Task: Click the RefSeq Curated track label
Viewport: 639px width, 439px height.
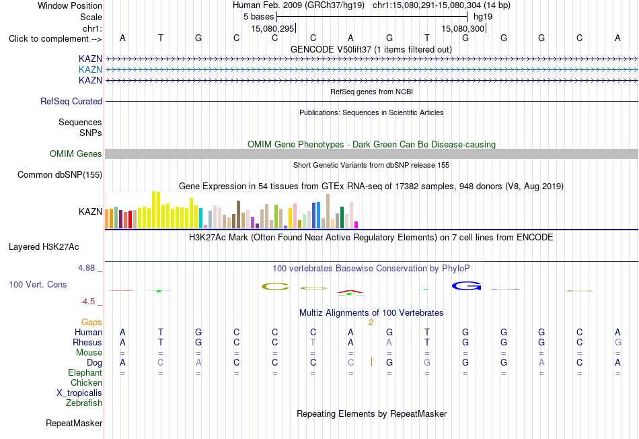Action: (x=71, y=101)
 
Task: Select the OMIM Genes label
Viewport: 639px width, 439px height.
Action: (x=75, y=154)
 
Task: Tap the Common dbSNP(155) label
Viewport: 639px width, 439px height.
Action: (x=59, y=174)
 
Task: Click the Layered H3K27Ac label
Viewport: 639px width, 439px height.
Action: (x=44, y=247)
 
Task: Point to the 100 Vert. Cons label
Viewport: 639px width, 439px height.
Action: (x=38, y=284)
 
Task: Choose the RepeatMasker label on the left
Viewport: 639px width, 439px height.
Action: (x=74, y=423)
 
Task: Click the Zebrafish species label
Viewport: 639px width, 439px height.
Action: (x=84, y=403)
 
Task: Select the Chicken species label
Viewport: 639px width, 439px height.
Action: (x=86, y=382)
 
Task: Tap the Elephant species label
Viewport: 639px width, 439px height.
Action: (x=85, y=372)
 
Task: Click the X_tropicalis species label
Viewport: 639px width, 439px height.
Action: (x=79, y=393)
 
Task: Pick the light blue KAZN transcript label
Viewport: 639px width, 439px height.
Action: (x=90, y=69)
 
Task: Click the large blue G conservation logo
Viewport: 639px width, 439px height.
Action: (x=466, y=286)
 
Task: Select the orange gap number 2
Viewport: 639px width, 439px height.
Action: (x=371, y=323)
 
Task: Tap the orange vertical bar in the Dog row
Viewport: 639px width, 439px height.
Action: (x=371, y=362)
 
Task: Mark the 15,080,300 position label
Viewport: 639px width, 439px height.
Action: (x=463, y=28)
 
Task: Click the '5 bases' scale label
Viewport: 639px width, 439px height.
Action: (x=258, y=17)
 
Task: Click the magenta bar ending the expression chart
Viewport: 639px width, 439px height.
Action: (x=356, y=225)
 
